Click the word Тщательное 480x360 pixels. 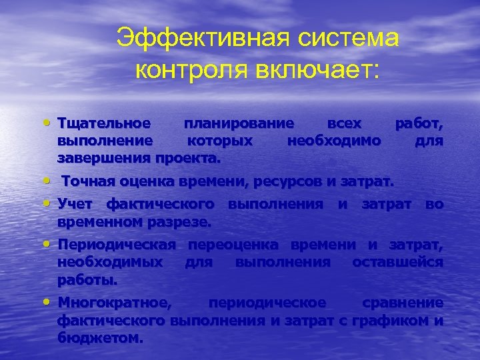103,124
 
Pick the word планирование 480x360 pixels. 239,124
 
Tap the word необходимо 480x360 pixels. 333,141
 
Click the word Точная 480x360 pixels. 87,181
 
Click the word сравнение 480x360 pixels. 403,303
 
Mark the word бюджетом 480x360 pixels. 100,337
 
